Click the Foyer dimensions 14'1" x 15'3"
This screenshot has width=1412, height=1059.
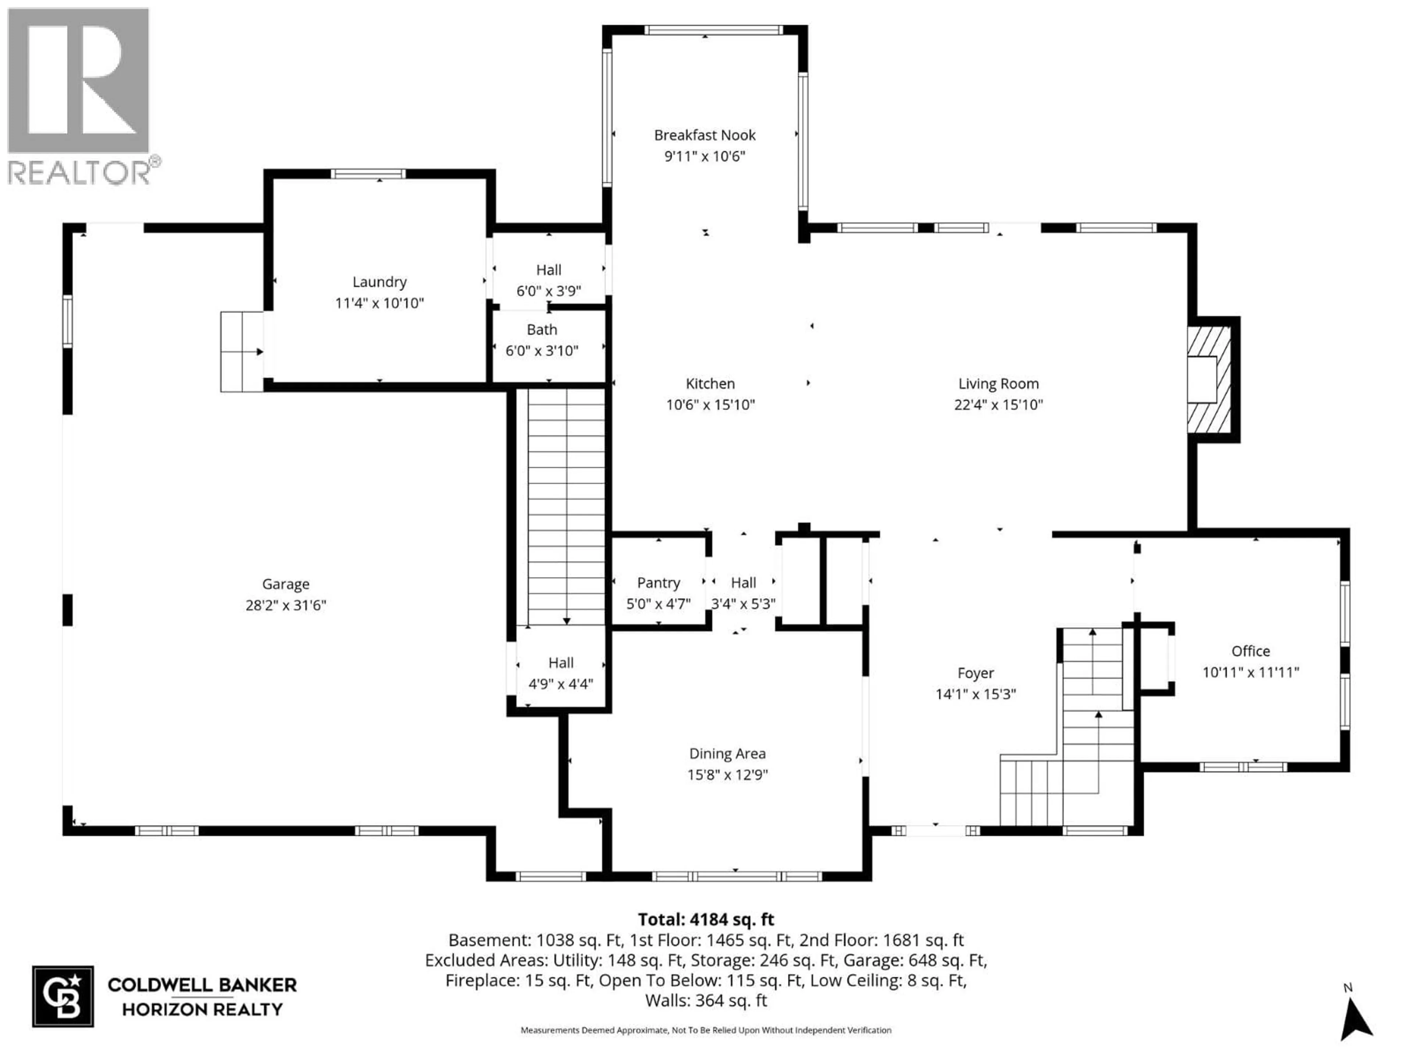coord(976,694)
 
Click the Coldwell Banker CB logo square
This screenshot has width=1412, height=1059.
coord(63,996)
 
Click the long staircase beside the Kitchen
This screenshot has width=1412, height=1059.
coord(566,507)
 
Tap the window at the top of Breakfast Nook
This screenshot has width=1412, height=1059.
coord(712,30)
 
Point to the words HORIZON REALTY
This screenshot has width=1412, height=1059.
coord(202,1009)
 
